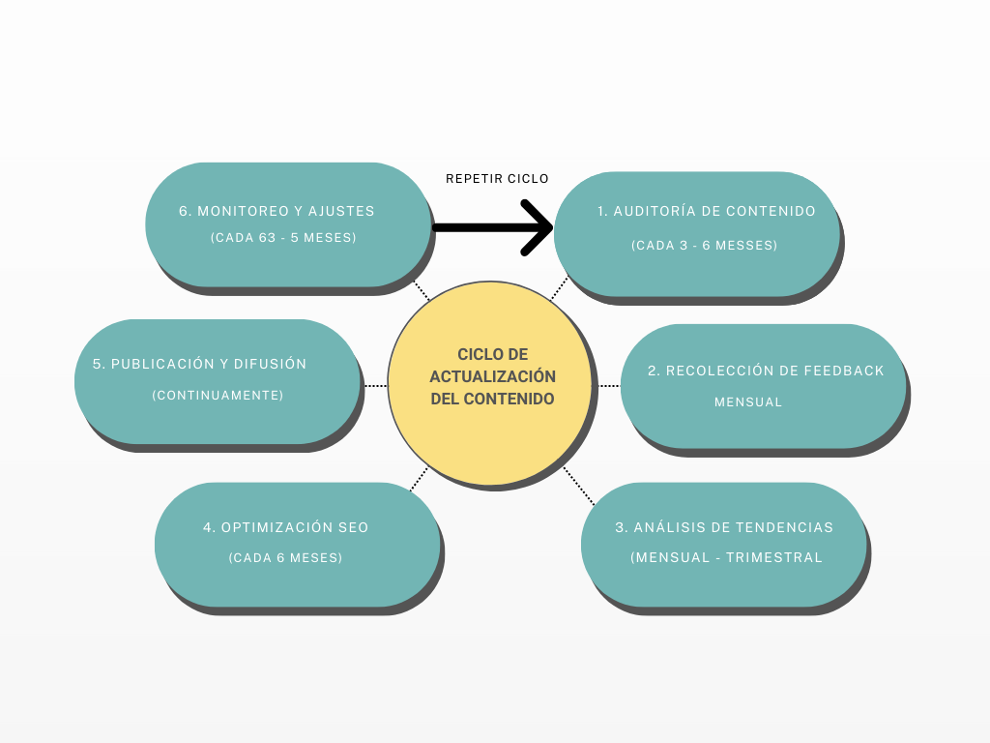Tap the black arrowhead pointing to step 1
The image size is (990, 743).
coord(538,228)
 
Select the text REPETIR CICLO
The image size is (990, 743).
coord(497,179)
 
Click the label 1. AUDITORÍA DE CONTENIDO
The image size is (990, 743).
coord(707,212)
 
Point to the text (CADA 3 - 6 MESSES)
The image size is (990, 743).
coord(705,246)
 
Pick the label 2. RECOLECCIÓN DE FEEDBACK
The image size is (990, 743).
coord(766,371)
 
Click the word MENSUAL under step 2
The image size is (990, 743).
coord(748,401)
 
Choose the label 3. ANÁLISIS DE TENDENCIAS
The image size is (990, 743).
coord(724,527)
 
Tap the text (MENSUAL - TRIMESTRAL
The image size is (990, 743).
coord(726,557)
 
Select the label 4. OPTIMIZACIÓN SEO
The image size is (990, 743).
coord(286,527)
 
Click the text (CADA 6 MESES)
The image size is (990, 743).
coord(285,558)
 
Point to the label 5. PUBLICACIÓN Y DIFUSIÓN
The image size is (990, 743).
coord(200,365)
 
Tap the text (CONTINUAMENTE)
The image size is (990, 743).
coord(218,395)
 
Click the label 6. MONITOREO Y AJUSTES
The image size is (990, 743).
coord(277,211)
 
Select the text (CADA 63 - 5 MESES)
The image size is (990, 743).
coord(283,237)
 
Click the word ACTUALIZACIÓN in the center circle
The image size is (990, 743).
coord(493,376)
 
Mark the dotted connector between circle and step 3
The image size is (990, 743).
coord(580,487)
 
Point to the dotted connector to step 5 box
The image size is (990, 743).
coord(375,385)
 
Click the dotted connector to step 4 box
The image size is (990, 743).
coord(419,479)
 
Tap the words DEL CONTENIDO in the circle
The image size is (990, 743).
coord(493,398)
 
